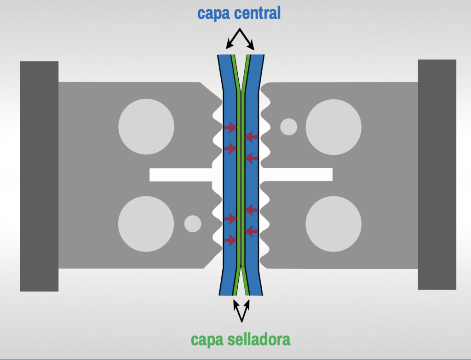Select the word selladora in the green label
(x=260, y=340)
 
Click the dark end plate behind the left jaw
(x=39, y=176)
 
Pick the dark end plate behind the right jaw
(x=437, y=175)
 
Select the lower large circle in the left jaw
(x=146, y=224)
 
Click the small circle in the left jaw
(x=192, y=223)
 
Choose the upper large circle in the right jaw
(x=333, y=126)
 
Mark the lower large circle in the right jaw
(x=333, y=224)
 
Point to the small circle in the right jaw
(x=289, y=126)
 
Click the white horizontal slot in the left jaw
(x=179, y=175)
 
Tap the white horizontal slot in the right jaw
(x=299, y=174)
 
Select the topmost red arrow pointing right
(x=230, y=127)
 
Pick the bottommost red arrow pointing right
(x=230, y=240)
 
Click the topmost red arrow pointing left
(x=251, y=136)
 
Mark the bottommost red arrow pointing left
(x=251, y=230)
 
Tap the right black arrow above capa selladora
(x=247, y=307)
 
